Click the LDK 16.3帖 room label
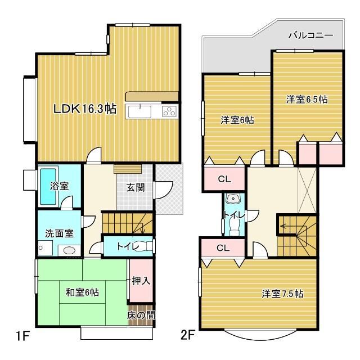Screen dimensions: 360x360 [x=85, y=109]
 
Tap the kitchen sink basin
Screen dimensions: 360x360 [x=139, y=111]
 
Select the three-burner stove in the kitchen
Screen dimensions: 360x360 [x=170, y=111]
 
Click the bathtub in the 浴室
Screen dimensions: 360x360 [x=48, y=186]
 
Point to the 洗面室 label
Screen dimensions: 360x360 [x=59, y=233]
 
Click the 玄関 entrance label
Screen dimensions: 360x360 [x=136, y=187]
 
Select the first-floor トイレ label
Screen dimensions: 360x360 [x=128, y=246]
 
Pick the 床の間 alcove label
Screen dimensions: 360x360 [x=141, y=315]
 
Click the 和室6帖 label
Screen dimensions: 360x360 [x=82, y=292]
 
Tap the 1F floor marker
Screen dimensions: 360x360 [x=22, y=336]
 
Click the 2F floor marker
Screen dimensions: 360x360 [x=187, y=335]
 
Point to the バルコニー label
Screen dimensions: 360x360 [x=310, y=35]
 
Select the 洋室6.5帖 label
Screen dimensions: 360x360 [x=307, y=100]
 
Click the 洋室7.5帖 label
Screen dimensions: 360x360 [x=282, y=294]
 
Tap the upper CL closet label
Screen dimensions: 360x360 [x=224, y=179]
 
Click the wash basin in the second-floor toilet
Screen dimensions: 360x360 [x=233, y=199]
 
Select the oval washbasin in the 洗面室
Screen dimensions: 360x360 [x=69, y=250]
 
